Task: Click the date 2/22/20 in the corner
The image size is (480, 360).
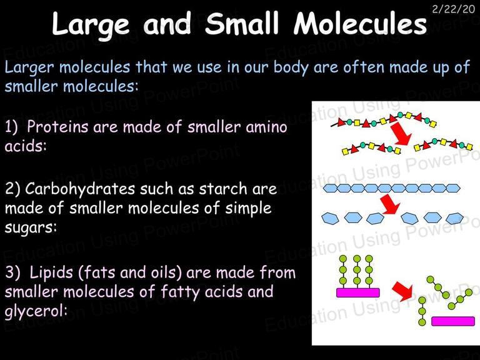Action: pyautogui.click(x=453, y=9)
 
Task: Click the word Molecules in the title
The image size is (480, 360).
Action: pyautogui.click(x=360, y=24)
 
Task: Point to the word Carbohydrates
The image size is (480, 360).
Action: pyautogui.click(x=80, y=189)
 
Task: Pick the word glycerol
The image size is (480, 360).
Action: pyautogui.click(x=36, y=311)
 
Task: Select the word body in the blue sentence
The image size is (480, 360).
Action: pyautogui.click(x=291, y=67)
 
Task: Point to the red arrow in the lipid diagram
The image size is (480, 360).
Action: pyautogui.click(x=403, y=291)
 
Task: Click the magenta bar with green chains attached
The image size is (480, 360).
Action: pyautogui.click(x=358, y=292)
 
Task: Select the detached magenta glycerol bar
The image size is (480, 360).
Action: pyautogui.click(x=453, y=321)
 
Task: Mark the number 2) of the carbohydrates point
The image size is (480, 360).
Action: pyautogui.click(x=12, y=189)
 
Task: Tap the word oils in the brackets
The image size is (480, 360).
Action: pyautogui.click(x=166, y=272)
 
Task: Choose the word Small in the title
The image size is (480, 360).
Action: pyautogui.click(x=242, y=24)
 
